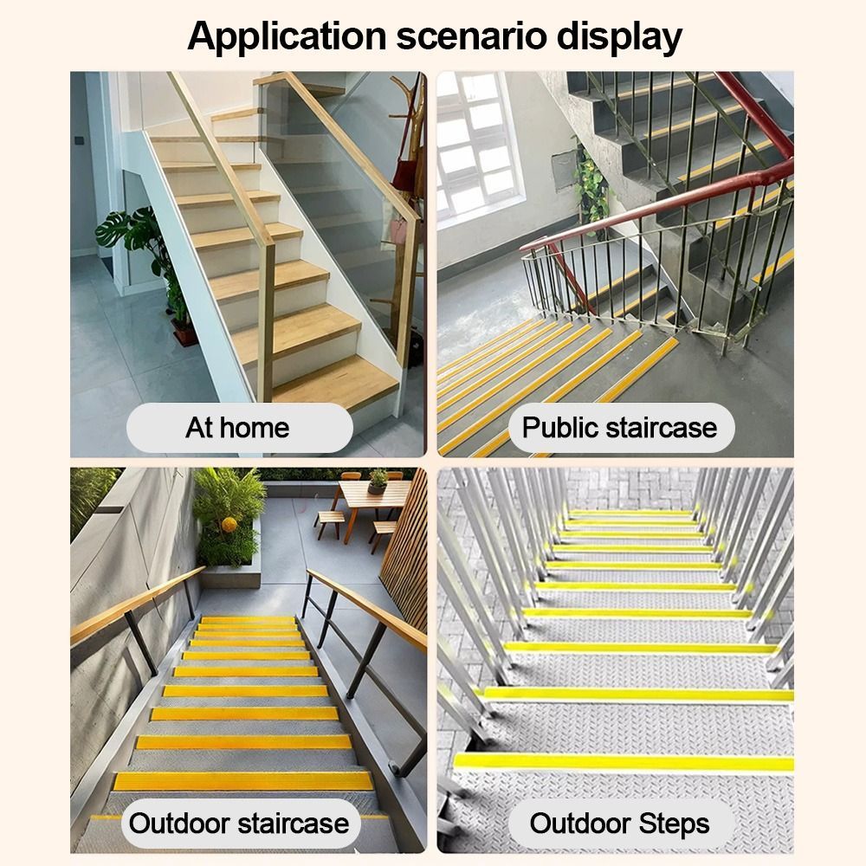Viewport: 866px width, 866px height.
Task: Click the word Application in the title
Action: tap(287, 37)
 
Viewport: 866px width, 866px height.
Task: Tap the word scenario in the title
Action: tap(471, 36)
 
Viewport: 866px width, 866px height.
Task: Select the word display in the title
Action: tap(619, 37)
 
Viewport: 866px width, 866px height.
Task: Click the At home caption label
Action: tap(239, 428)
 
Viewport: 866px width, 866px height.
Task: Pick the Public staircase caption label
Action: tap(621, 428)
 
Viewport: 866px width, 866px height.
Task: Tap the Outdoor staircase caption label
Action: tap(239, 824)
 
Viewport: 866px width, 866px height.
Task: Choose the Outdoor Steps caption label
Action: tap(620, 824)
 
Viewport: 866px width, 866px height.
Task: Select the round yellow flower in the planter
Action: tap(229, 524)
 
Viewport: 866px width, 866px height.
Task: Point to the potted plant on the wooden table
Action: tap(378, 481)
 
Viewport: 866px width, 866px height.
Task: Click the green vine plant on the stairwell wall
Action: tap(591, 185)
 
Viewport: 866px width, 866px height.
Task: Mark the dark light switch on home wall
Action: tap(81, 142)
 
